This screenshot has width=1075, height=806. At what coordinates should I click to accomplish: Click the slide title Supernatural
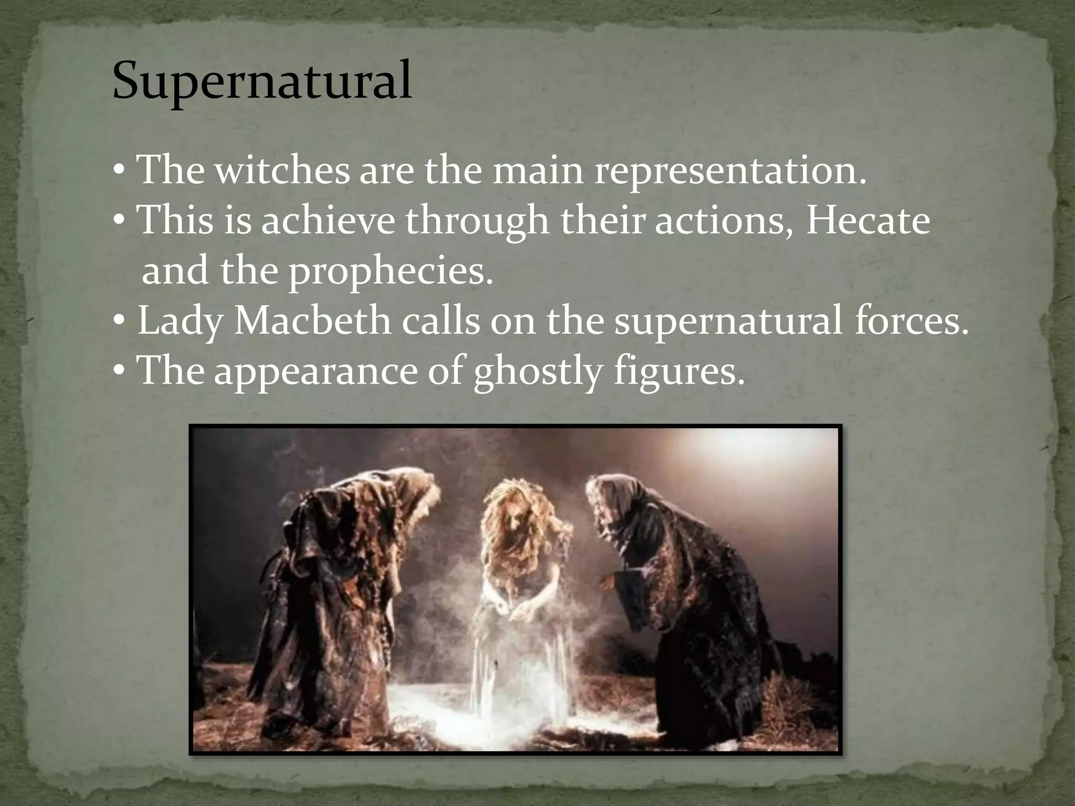[262, 81]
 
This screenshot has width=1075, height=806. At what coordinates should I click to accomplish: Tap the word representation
[730, 171]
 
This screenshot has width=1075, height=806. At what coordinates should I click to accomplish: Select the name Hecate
[868, 221]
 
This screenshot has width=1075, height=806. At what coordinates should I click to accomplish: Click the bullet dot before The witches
[119, 172]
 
